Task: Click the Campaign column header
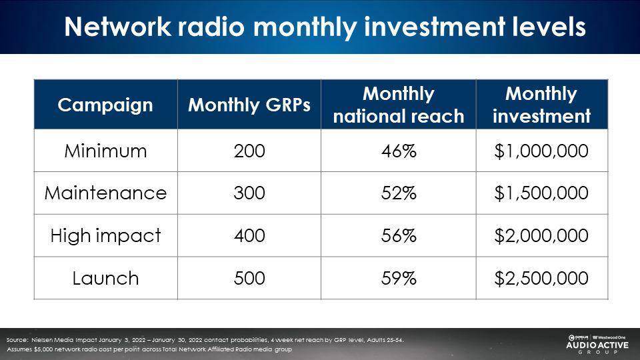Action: tap(105, 105)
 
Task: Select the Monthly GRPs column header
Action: tap(249, 105)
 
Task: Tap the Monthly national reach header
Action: tap(399, 105)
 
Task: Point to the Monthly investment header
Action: tap(541, 105)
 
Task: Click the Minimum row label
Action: tap(105, 151)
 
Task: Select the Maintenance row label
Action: tap(105, 193)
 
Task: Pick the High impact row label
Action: tap(105, 236)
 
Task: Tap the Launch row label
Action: tap(105, 279)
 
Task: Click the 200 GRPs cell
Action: tap(249, 151)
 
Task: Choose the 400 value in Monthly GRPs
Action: tap(249, 236)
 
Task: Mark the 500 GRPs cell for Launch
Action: tap(249, 279)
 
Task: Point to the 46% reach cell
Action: tap(399, 151)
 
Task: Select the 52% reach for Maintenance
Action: tap(399, 193)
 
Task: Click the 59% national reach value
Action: tap(399, 279)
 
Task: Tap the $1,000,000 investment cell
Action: tap(541, 151)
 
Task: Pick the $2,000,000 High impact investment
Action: tap(541, 236)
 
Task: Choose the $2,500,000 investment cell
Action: tap(541, 279)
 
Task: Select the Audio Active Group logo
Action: tap(597, 344)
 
